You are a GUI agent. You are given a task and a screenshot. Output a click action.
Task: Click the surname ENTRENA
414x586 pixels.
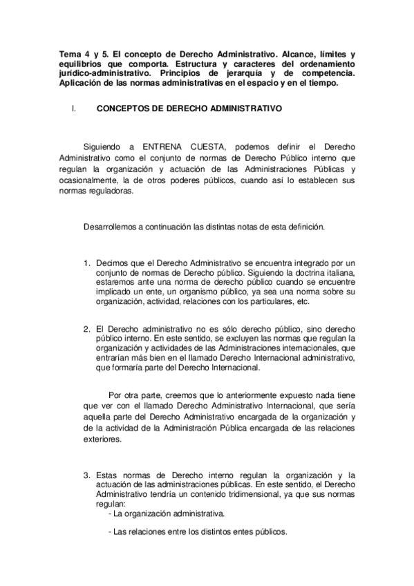coord(167,147)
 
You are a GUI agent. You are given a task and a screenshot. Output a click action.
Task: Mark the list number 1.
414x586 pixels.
coord(87,263)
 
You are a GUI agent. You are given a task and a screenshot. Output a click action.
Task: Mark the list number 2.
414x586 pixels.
coord(87,328)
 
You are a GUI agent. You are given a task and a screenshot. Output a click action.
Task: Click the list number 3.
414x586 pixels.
coord(87,475)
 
